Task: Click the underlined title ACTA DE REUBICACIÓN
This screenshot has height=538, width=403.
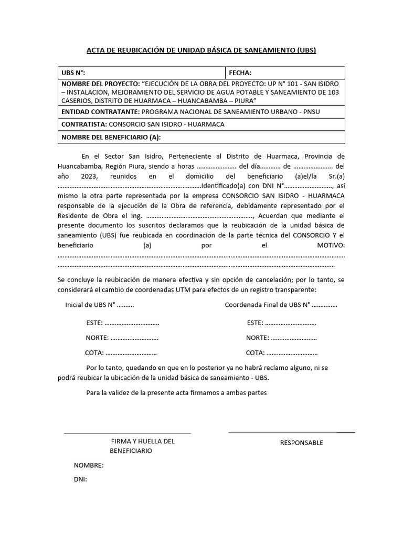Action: click(x=201, y=50)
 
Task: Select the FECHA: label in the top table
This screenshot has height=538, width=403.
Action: click(x=240, y=73)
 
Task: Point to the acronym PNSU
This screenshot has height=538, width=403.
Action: click(x=310, y=112)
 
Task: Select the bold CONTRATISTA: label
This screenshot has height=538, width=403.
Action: click(x=84, y=125)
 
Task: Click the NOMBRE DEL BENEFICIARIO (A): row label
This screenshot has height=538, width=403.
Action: click(x=111, y=137)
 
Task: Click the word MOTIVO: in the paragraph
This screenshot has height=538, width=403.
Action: click(x=331, y=245)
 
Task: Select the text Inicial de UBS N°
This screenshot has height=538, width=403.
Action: click(x=90, y=305)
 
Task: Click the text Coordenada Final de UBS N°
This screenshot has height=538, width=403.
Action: click(x=267, y=305)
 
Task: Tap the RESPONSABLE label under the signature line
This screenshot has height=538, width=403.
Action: click(x=301, y=443)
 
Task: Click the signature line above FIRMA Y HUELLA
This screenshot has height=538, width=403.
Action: click(x=127, y=433)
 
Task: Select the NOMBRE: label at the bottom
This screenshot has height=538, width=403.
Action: click(x=88, y=465)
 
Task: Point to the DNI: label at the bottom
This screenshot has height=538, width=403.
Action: click(x=80, y=479)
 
